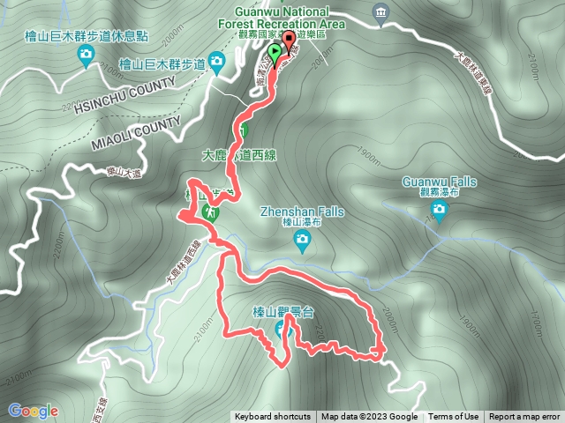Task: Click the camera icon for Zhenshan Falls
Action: pyautogui.click(x=302, y=239)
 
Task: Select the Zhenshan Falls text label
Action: pyautogui.click(x=302, y=211)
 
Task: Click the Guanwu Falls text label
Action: pyautogui.click(x=439, y=182)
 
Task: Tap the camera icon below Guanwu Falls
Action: pyautogui.click(x=439, y=210)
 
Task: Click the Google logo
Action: pyautogui.click(x=33, y=411)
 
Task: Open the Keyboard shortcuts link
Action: pyautogui.click(x=272, y=417)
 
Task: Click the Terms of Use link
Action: pyautogui.click(x=454, y=417)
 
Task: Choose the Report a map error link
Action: pyautogui.click(x=524, y=417)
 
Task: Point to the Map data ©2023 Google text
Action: pyautogui.click(x=369, y=417)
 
